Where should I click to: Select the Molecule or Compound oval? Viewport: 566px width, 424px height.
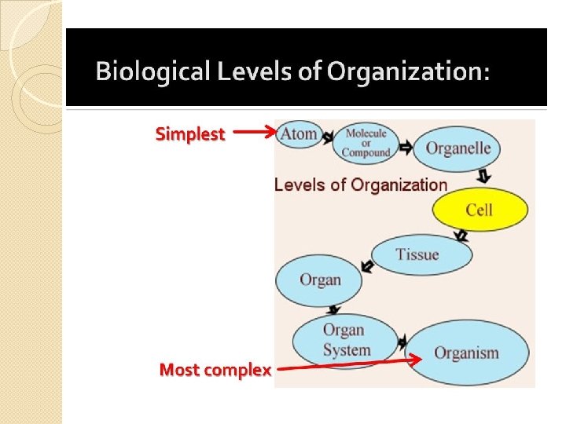pyautogui.click(x=366, y=143)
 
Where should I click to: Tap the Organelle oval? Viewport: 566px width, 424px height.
pyautogui.click(x=458, y=148)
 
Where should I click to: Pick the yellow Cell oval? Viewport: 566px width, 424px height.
pyautogui.click(x=480, y=209)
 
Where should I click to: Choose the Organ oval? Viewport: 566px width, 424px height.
pyautogui.click(x=320, y=280)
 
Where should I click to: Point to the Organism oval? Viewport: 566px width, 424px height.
pyautogui.click(x=466, y=353)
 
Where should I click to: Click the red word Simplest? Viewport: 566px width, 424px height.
pyautogui.click(x=190, y=134)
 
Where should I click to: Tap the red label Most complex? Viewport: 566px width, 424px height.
pyautogui.click(x=215, y=369)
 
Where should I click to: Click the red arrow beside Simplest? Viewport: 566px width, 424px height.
pyautogui.click(x=254, y=133)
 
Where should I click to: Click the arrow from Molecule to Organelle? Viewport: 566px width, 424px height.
pyautogui.click(x=406, y=147)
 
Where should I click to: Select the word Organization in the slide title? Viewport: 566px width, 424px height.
pyautogui.click(x=407, y=73)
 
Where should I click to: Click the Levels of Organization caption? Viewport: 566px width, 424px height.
pyautogui.click(x=360, y=185)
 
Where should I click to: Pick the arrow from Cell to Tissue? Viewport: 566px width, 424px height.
pyautogui.click(x=461, y=235)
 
